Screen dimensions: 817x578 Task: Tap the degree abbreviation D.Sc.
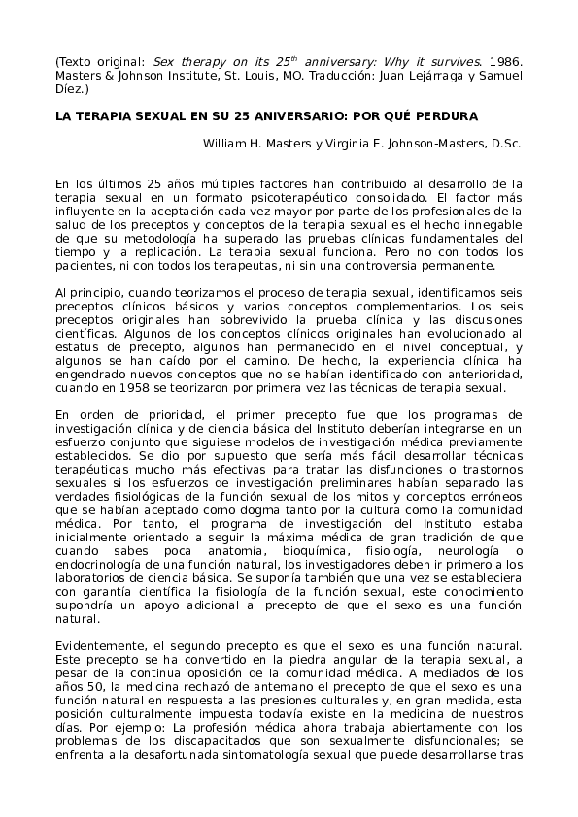pos(506,144)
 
